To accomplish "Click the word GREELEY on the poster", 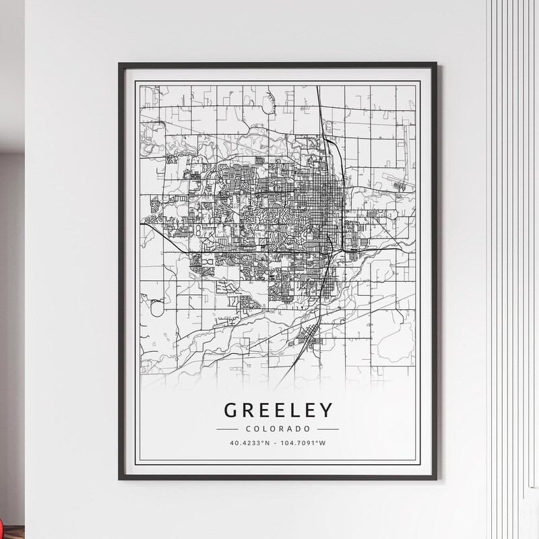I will (x=278, y=410).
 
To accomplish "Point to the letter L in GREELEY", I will (x=294, y=410).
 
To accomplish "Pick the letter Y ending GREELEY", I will (x=325, y=410).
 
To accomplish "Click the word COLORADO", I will (x=278, y=429).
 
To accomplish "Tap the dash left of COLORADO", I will (x=228, y=429).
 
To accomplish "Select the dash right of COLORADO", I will (x=327, y=429).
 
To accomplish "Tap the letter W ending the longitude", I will (x=323, y=443).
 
